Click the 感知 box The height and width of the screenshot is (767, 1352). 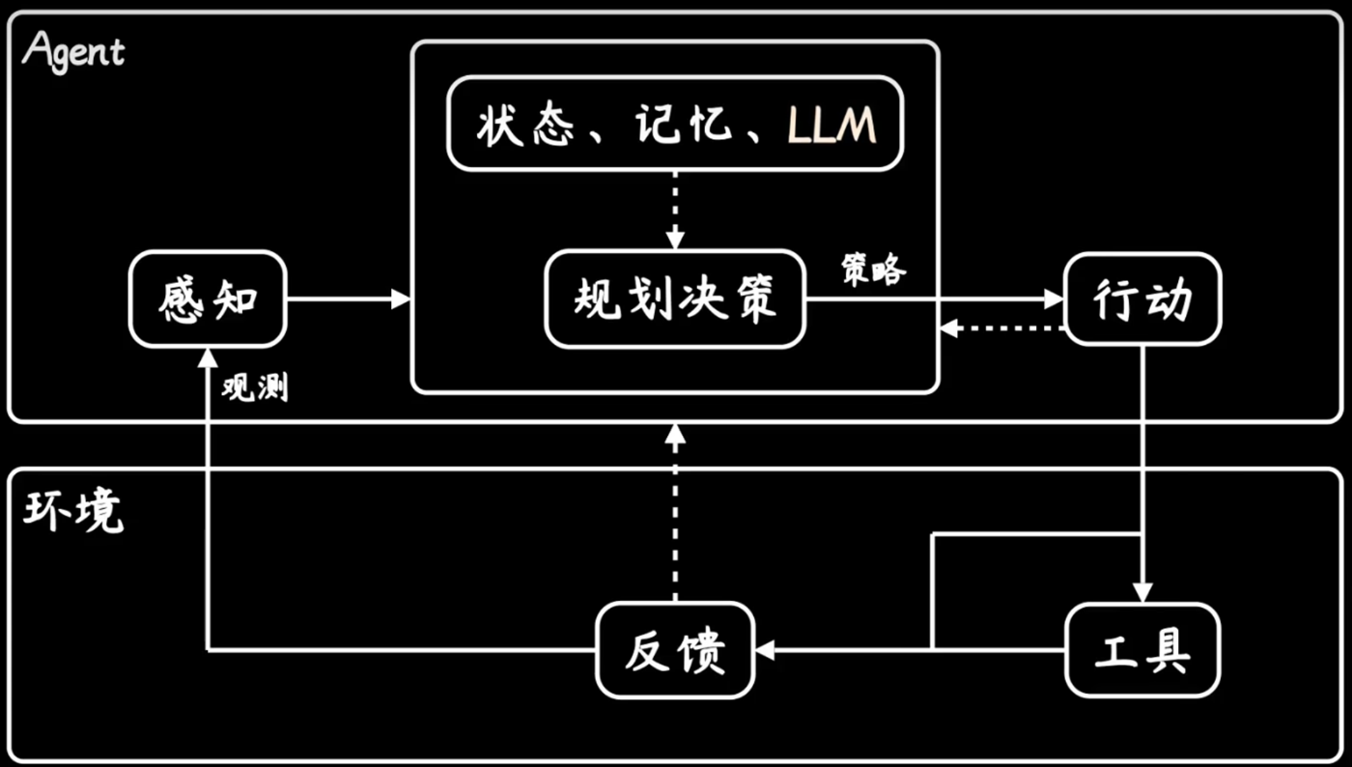208,299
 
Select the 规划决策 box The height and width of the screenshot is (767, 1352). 675,299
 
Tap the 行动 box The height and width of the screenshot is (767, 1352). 1142,299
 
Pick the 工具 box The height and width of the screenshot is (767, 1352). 1142,649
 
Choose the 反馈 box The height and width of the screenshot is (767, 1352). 675,649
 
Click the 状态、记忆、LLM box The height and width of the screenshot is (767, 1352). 675,125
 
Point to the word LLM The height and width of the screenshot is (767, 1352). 831,126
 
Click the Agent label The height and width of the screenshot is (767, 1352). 73,50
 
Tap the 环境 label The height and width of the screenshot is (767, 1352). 73,512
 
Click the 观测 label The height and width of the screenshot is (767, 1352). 254,388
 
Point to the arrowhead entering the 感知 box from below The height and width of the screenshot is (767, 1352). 208,356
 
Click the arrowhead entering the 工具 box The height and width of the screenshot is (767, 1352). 1142,592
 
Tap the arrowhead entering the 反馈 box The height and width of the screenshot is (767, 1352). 765,649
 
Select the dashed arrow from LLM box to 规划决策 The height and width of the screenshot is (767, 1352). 675,209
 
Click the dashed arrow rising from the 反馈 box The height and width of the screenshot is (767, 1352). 675,512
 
